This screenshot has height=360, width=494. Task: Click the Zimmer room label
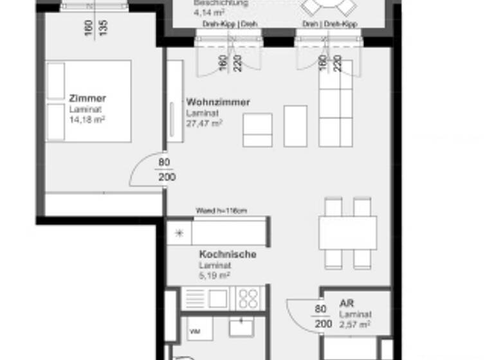click(87, 99)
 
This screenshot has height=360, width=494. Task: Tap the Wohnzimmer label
click(217, 102)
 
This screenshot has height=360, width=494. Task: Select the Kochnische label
click(227, 255)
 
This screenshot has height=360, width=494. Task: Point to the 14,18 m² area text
click(87, 119)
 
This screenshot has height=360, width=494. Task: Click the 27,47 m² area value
click(204, 122)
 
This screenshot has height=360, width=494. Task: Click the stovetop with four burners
click(248, 298)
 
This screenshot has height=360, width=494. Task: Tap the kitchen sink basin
click(216, 298)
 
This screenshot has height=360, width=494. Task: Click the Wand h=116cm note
click(221, 211)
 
